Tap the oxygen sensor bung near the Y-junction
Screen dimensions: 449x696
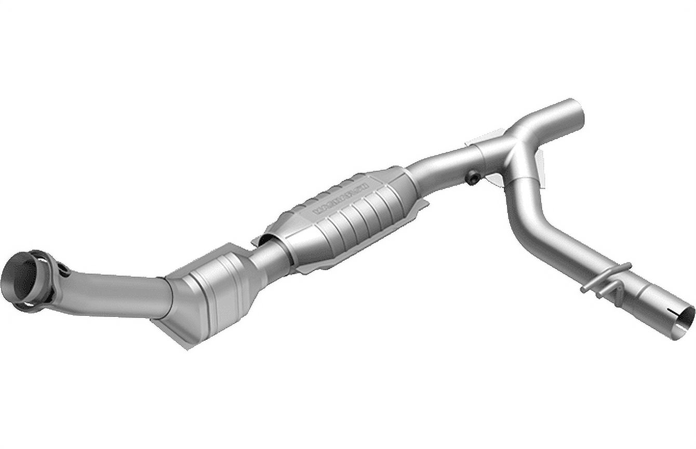473,178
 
